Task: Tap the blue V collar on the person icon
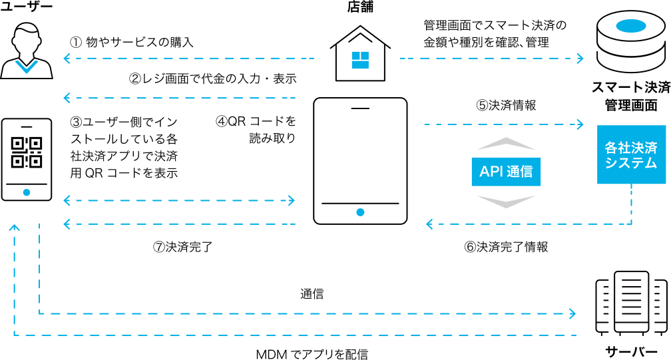point(27,67)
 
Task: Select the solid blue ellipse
point(631,26)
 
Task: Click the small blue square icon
point(360,60)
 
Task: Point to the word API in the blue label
point(491,172)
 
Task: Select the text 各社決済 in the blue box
point(631,147)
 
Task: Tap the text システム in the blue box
point(631,163)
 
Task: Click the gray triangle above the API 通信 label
point(506,143)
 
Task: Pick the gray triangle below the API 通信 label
point(506,202)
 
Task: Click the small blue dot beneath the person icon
point(27,192)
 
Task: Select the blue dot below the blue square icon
point(360,212)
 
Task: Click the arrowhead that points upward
point(14,228)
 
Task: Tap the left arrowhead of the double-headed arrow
point(66,200)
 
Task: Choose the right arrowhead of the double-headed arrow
point(292,200)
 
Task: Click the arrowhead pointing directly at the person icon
point(66,59)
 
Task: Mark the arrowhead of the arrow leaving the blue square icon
point(580,59)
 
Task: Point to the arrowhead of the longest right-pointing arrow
point(572,313)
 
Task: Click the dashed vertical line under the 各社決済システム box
point(631,203)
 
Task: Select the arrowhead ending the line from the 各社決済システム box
point(429,224)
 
